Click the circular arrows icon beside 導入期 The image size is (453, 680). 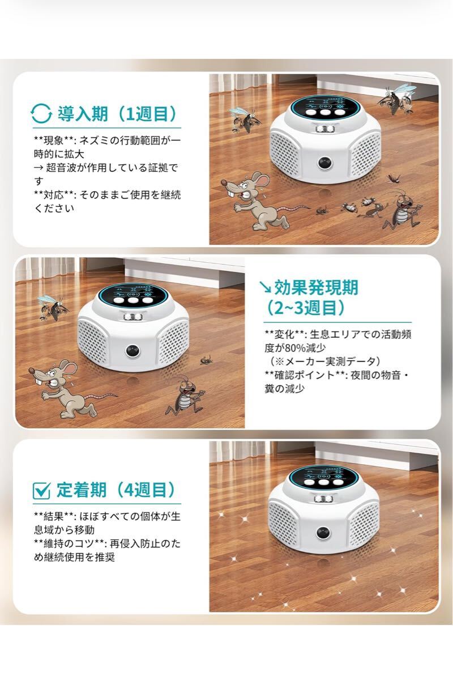pyautogui.click(x=41, y=113)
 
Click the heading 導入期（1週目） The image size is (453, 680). pyautogui.click(x=117, y=113)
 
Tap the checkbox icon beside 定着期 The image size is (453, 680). pyautogui.click(x=41, y=490)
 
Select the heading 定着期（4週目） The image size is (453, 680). pyautogui.click(x=116, y=490)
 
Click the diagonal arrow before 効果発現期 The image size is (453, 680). pyautogui.click(x=265, y=287)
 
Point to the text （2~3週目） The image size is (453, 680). pyautogui.click(x=305, y=308)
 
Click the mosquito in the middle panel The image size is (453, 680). pyautogui.click(x=53, y=308)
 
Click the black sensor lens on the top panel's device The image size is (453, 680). pyautogui.click(x=325, y=163)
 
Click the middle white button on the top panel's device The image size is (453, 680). pyautogui.click(x=325, y=112)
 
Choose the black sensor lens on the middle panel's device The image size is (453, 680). pyautogui.click(x=133, y=351)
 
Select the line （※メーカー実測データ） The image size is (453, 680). pyautogui.click(x=325, y=362)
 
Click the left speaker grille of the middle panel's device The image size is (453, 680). pyautogui.click(x=92, y=341)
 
